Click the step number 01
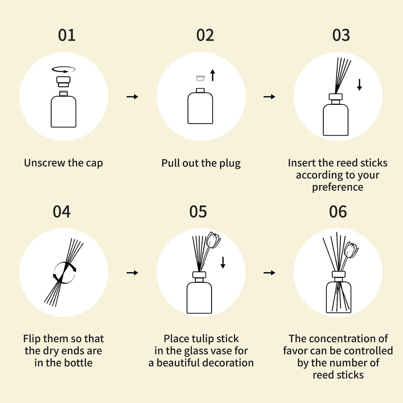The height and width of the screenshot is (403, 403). click(67, 35)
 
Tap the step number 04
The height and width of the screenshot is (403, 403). click(62, 212)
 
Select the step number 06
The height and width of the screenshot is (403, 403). click(338, 212)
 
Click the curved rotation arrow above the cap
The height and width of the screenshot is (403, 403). click(63, 70)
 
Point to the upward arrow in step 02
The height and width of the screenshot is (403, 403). click(213, 75)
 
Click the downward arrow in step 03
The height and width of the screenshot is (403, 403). click(359, 85)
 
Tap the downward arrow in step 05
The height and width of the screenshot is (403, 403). click(223, 263)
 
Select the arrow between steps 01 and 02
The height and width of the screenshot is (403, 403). click(132, 97)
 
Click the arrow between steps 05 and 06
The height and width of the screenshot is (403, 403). click(269, 273)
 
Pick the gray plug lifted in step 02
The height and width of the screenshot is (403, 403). click(200, 78)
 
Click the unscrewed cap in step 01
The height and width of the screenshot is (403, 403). click(63, 82)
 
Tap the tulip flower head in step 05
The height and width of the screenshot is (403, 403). click(213, 240)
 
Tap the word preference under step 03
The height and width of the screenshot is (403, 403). click(338, 187)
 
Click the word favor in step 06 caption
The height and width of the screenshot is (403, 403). click(295, 351)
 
